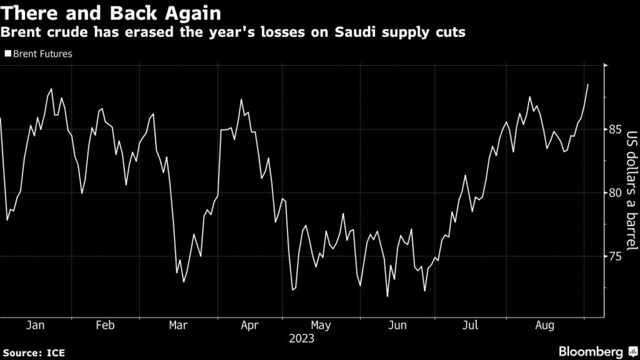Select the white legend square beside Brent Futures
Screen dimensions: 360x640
7,54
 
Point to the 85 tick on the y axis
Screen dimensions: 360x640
615,129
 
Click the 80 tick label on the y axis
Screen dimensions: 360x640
615,192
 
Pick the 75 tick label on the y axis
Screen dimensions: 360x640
615,256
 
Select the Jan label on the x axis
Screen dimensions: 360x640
35,326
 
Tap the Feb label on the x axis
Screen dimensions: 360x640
104,326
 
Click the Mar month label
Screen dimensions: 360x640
179,326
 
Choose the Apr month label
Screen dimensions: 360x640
250,326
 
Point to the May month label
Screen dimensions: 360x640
321,326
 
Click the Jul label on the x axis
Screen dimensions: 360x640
470,326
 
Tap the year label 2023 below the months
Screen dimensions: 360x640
301,339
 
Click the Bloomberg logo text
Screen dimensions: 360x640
591,352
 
